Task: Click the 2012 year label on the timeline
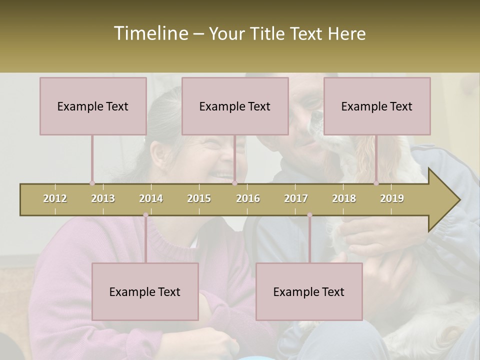point(55,198)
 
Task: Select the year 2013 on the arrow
point(103,198)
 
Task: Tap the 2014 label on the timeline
point(151,198)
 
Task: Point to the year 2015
point(199,198)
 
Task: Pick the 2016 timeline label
point(248,198)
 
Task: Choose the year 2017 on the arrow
point(296,198)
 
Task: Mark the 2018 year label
point(344,198)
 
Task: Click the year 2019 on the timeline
point(392,198)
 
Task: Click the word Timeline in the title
point(150,33)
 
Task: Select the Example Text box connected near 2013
point(93,106)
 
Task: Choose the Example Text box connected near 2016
point(235,106)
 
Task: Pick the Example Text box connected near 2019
point(377,106)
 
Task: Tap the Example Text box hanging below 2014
point(145,291)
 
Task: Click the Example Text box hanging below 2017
point(309,291)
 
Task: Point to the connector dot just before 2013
point(92,183)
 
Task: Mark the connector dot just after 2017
point(309,215)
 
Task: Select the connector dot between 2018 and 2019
point(376,183)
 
